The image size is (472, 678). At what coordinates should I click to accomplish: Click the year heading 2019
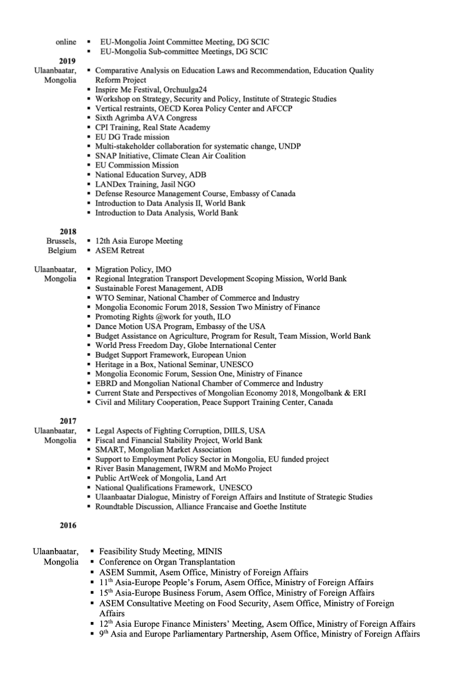coord(67,61)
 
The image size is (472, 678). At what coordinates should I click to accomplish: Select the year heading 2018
coord(67,232)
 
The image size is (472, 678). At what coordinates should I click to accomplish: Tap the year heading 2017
coord(67,421)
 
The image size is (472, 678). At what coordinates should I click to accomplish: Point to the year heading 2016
coord(67,526)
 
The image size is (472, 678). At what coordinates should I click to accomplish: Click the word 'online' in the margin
coord(66,42)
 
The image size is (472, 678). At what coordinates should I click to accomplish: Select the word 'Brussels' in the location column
coord(61,241)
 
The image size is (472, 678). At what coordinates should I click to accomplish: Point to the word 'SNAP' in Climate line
coord(105,156)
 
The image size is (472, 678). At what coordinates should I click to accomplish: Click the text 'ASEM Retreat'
coord(120,251)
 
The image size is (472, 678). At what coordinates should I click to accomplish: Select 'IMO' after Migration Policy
coord(163,270)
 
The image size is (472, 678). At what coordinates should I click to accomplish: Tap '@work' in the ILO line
coord(157,317)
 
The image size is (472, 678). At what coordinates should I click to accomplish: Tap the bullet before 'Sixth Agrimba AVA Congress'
coord(90,118)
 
